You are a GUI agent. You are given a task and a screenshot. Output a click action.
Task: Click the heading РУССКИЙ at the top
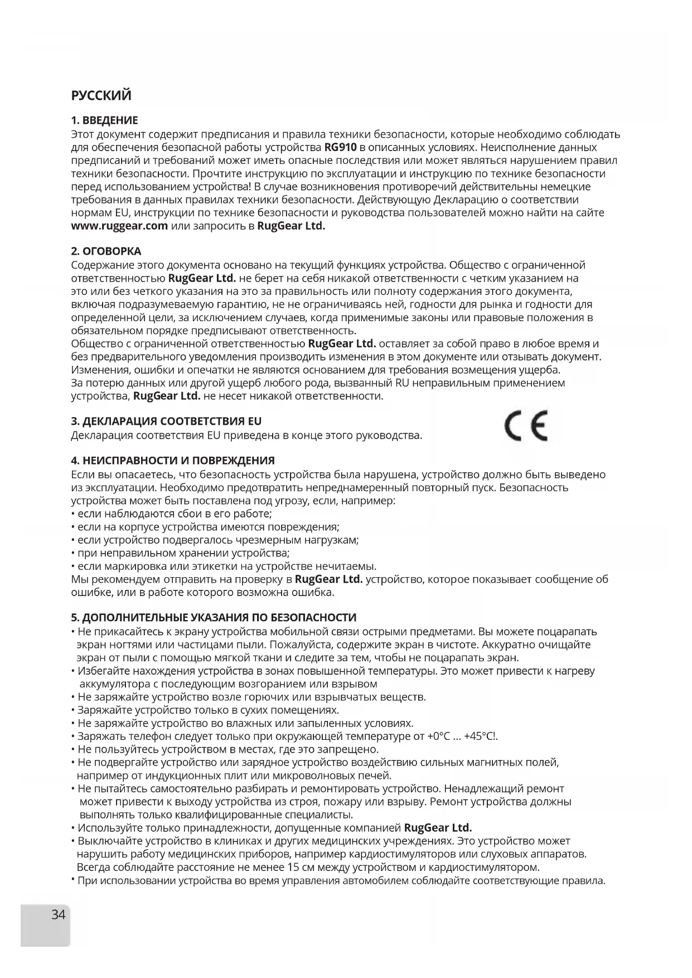click(101, 95)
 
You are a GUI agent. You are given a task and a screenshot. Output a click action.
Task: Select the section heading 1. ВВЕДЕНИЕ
click(104, 120)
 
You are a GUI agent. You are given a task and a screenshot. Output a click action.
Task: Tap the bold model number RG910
click(340, 148)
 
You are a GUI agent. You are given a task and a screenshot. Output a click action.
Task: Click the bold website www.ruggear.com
click(120, 226)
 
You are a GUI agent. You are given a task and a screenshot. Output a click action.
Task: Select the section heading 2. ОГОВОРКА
click(106, 251)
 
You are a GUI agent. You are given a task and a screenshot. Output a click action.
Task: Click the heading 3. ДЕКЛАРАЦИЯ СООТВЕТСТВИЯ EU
click(166, 421)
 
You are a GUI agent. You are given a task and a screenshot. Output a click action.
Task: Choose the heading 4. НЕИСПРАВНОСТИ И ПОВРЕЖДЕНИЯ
click(173, 461)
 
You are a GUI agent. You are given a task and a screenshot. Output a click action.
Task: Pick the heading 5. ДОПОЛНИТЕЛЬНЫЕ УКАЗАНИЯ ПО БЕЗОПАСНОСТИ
click(214, 617)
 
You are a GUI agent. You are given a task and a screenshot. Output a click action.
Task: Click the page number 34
click(58, 914)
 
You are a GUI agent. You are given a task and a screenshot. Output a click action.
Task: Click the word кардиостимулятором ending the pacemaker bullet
click(484, 868)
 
